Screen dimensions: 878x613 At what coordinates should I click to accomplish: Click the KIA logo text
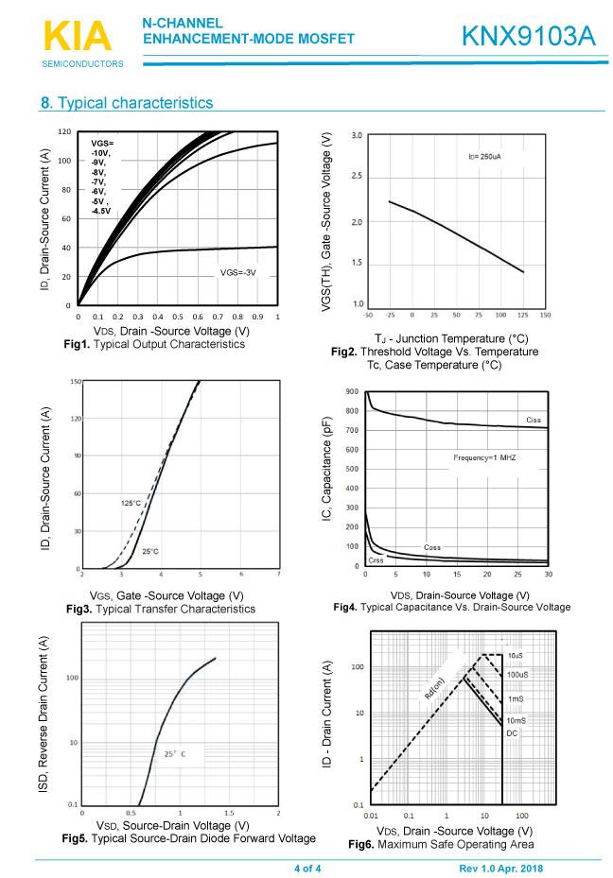coord(77,37)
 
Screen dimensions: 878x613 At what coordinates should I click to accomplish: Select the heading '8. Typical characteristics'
coord(127,102)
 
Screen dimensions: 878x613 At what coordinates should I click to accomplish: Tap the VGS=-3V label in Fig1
coord(238,272)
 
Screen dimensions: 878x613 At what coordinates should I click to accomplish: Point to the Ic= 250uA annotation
coord(491,156)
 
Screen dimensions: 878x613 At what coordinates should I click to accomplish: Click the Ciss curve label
coord(534,419)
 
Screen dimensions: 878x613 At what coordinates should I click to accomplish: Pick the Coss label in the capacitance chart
coord(432,547)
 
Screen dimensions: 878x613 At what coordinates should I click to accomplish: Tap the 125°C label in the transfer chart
coord(131,503)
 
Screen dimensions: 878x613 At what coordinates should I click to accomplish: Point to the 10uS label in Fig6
coord(515,655)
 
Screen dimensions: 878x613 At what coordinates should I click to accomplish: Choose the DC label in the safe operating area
coord(512,732)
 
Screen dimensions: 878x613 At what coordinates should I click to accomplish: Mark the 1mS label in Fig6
coord(515,698)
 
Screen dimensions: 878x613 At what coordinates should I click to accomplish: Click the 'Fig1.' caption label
coord(79,344)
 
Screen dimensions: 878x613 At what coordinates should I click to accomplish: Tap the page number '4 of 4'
coord(307,869)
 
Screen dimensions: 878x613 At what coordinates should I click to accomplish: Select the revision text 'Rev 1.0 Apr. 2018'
coord(501,869)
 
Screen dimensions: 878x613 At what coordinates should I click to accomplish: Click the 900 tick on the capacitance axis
coord(352,391)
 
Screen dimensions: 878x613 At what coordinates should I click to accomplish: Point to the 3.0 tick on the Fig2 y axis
coord(357,136)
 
